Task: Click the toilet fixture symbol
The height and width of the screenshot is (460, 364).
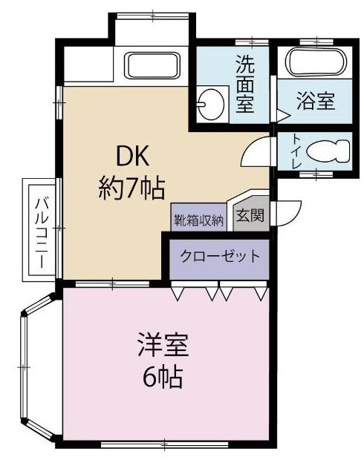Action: coord(328,151)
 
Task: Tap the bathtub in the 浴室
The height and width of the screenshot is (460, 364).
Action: coord(316,60)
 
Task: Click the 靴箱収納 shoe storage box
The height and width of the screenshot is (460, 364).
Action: coord(199,219)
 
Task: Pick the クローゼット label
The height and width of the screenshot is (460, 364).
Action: coord(220,257)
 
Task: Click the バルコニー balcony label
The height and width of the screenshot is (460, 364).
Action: coord(42,228)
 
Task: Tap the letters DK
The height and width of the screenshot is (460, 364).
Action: coord(133,157)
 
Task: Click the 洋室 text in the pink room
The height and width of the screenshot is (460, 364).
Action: coord(162,346)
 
